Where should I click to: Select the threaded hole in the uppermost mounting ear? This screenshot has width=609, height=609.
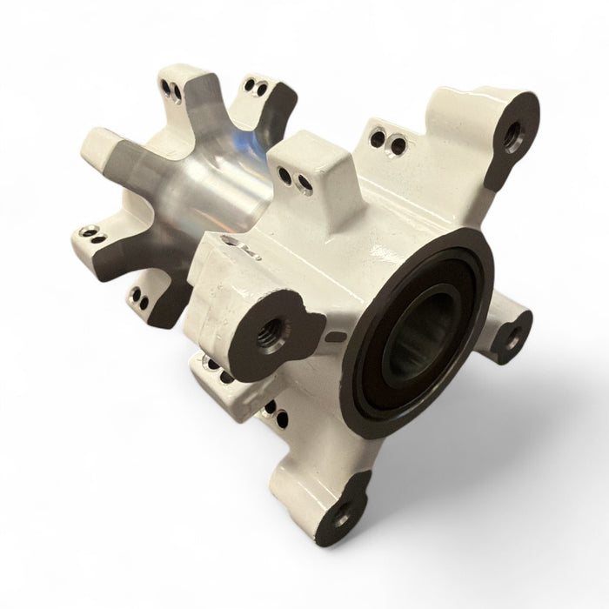pos(514,133)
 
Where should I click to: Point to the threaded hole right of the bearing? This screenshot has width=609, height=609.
pos(515,334)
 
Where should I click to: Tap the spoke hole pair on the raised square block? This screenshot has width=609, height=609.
pos(300,181)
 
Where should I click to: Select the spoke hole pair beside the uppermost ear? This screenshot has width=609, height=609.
pos(384,138)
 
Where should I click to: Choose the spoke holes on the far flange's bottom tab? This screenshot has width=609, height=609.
pos(139,291)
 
